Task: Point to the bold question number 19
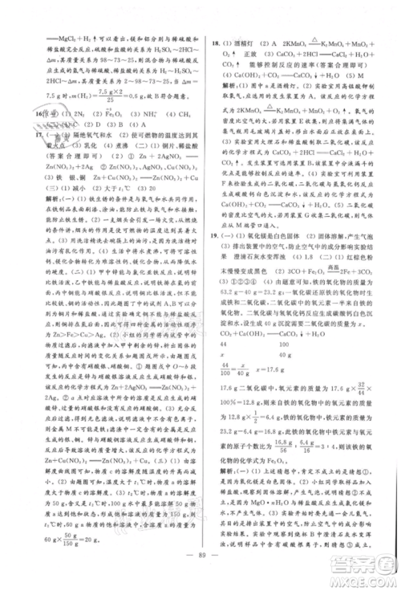pyautogui.click(x=212, y=267)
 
